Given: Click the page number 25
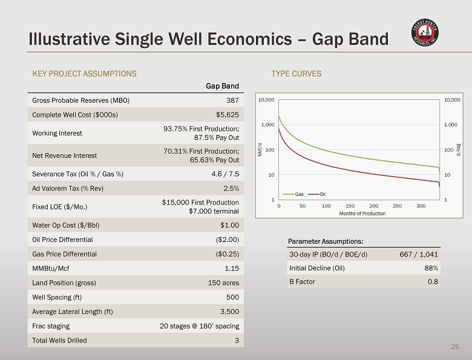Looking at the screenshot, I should click(455, 347).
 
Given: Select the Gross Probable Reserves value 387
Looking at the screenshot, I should click(232, 100).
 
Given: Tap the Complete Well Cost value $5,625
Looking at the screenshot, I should click(228, 114).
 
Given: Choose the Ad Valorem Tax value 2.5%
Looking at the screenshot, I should click(229, 188).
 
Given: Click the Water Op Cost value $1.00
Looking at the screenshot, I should click(228, 225).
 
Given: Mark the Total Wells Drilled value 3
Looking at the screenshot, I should click(237, 340).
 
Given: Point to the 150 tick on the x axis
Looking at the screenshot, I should click(350, 206).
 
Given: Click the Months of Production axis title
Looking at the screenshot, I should click(362, 214).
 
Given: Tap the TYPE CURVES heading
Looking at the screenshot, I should click(297, 74).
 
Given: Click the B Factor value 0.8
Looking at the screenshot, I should click(433, 281).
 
